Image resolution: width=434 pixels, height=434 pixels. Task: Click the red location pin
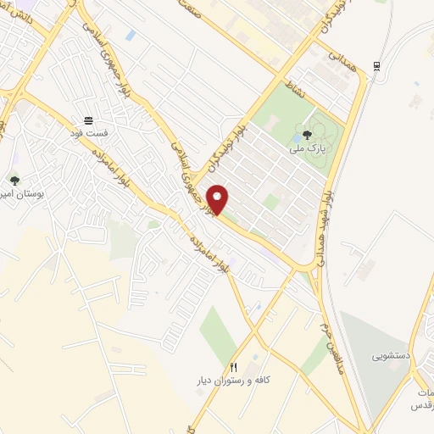coord(219,199)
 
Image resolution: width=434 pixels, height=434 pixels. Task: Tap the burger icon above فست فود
coord(89,120)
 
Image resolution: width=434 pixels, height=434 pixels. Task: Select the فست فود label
coord(89,133)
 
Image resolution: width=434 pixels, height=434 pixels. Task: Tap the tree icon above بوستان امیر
coord(14,180)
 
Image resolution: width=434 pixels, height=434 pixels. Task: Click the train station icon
coord(376,66)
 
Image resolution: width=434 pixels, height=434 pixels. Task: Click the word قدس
coord(420,406)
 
